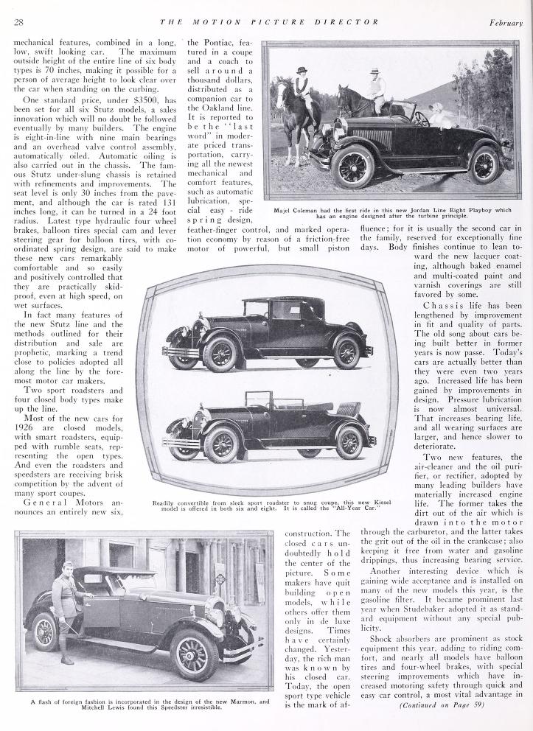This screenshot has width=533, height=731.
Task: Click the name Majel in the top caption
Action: pyautogui.click(x=287, y=210)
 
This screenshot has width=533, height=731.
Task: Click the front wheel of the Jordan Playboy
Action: pyautogui.click(x=351, y=166)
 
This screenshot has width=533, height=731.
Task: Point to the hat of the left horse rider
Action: pyautogui.click(x=301, y=71)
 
